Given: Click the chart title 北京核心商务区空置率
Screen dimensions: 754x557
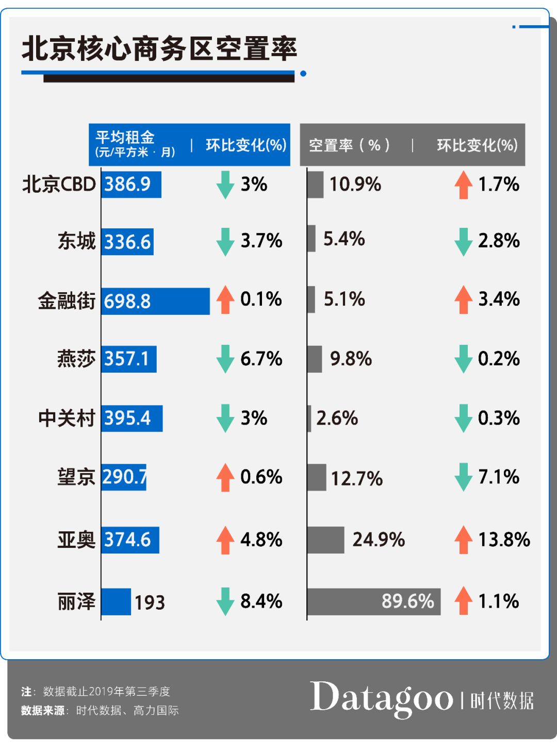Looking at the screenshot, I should tap(159, 49).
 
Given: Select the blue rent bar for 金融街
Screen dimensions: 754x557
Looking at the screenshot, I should tap(155, 301).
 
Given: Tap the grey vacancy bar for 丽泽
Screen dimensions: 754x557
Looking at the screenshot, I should tap(373, 601).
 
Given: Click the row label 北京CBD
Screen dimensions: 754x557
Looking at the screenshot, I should tap(59, 185).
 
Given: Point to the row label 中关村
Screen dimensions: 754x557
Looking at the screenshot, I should tap(67, 418).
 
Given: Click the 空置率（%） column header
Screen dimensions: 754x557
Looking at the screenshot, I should tap(349, 145).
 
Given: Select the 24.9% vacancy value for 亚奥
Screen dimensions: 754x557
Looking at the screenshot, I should tap(379, 540).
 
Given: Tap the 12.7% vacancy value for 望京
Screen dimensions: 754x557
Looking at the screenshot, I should tap(356, 479).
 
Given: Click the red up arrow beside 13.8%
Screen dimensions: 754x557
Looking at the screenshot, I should tap(463, 540).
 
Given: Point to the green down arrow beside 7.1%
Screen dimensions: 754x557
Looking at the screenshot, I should tap(463, 477).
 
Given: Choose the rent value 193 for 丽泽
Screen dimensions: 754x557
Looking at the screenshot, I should tap(150, 602).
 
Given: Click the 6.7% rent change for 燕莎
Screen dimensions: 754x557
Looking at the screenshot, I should tap(261, 359).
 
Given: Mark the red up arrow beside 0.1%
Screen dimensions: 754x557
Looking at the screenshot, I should tap(225, 299).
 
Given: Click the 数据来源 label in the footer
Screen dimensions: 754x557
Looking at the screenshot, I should tap(43, 711).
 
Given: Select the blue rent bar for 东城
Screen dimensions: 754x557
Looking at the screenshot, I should tap(127, 241).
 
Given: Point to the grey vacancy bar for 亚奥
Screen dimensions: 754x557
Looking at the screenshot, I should tap(325, 540).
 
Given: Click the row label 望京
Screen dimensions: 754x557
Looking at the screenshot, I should tap(76, 477).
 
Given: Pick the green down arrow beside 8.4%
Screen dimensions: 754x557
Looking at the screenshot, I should tap(225, 601).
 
